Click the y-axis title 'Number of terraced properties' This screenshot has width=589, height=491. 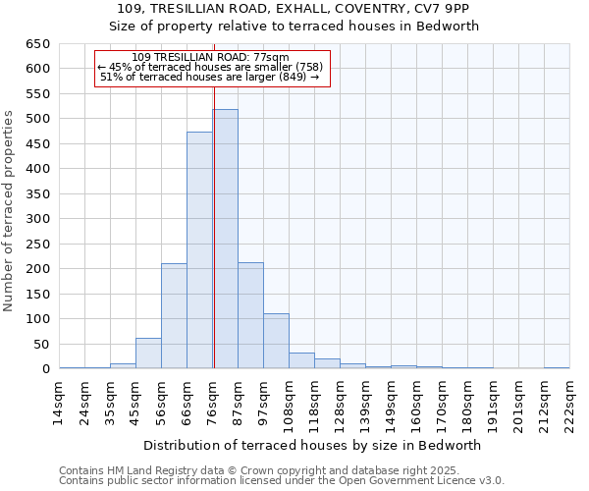point(9,210)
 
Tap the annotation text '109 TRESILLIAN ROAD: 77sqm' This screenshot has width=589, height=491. point(210,58)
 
